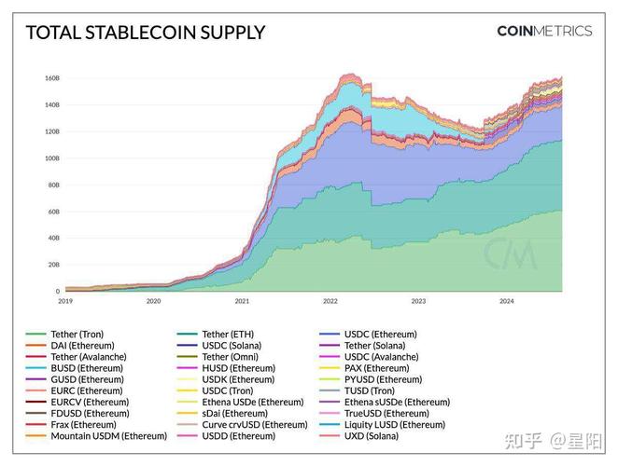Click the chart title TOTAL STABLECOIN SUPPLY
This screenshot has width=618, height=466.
tap(145, 33)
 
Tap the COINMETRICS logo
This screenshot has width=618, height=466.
tap(543, 31)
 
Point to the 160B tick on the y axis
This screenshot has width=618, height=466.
tap(51, 78)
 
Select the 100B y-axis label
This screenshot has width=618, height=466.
tap(51, 158)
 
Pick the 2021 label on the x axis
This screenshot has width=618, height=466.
tap(242, 301)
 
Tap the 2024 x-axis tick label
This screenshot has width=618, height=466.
tap(506, 301)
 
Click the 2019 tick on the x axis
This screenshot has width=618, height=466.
tap(65, 301)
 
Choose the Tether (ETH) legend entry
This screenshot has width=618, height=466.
tap(227, 334)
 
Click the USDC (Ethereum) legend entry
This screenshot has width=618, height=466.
tap(380, 334)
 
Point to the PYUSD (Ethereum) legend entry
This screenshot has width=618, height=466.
tap(383, 379)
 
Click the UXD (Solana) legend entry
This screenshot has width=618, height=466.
tap(372, 436)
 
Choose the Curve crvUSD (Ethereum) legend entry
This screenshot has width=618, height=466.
tap(254, 425)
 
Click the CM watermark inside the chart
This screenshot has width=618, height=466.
tap(509, 252)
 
